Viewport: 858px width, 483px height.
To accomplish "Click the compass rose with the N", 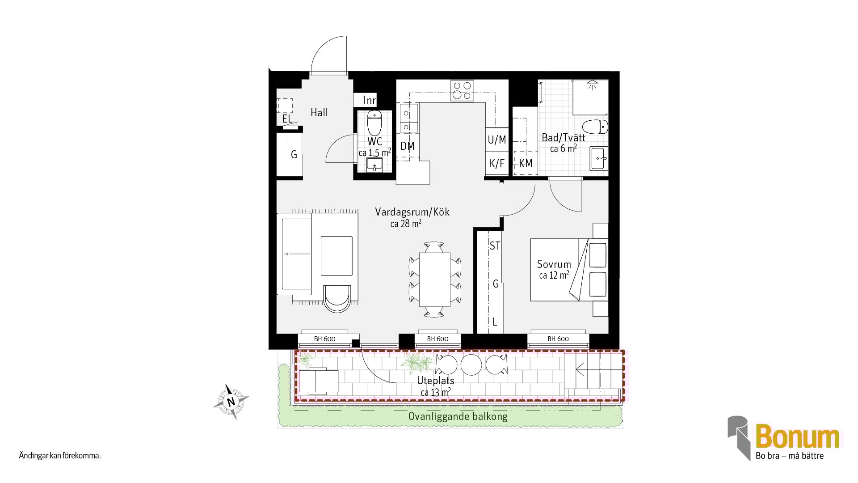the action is click(231, 402).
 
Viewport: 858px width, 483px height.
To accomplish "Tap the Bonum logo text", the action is click(798, 436).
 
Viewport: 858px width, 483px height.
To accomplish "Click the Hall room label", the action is click(319, 113).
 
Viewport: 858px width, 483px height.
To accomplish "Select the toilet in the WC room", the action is click(374, 123).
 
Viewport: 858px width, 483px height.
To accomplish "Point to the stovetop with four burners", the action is click(462, 90).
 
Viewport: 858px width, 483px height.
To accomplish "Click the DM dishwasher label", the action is click(408, 146).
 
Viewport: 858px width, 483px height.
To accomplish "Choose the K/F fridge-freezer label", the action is click(497, 164).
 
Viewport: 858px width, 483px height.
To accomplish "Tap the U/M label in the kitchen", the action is click(497, 140).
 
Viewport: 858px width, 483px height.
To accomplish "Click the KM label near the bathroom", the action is click(526, 164).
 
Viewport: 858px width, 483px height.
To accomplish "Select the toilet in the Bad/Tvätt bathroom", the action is click(595, 127).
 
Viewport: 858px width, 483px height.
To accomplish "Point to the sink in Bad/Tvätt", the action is click(599, 158).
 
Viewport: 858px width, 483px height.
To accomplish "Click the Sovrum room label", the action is click(554, 264).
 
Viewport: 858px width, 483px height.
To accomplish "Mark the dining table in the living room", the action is click(435, 280).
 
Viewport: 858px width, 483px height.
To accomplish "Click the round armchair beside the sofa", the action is click(337, 298).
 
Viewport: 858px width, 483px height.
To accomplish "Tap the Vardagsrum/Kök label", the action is click(412, 212).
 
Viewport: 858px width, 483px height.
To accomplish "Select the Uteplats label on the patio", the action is click(436, 381).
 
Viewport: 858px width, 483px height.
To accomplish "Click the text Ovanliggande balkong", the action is click(458, 417).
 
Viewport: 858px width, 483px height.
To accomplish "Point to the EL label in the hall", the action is click(287, 119).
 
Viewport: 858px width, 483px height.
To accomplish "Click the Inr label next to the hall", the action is click(370, 100).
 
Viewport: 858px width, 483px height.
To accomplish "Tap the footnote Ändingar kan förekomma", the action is click(60, 456).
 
